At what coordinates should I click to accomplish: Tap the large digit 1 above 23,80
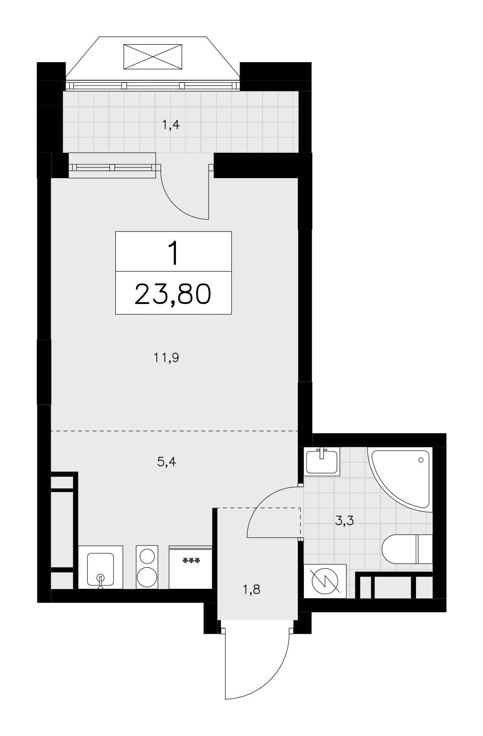click(x=173, y=253)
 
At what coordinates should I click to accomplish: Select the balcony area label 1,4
click(x=171, y=125)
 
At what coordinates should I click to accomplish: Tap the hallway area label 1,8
click(x=251, y=590)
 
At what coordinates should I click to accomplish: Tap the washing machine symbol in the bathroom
click(x=325, y=581)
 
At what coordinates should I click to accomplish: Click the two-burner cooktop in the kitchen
click(x=147, y=567)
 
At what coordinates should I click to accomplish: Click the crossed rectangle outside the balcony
click(x=153, y=56)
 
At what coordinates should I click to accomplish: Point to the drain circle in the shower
click(x=421, y=460)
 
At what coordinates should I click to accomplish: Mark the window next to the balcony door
click(x=112, y=167)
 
